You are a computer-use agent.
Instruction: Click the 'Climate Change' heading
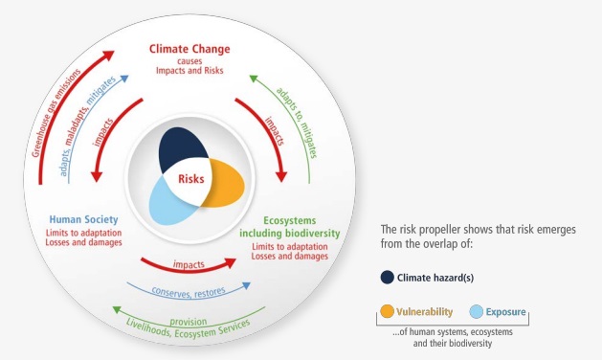point(190,49)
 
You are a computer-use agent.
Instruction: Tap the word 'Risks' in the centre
point(191,179)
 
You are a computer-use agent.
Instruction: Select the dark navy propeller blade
point(180,147)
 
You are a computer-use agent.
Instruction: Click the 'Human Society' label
point(83,219)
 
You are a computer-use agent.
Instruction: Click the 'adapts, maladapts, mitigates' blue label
point(87,125)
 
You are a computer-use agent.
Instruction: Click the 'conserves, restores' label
point(189,292)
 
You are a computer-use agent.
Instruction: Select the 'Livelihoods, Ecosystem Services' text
point(189,329)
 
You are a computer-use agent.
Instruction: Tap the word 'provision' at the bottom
point(189,321)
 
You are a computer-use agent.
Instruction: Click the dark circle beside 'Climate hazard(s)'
point(388,278)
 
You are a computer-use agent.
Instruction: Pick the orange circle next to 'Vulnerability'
point(387,311)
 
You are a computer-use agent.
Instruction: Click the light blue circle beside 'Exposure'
point(477,311)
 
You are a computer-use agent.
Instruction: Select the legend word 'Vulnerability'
point(424,311)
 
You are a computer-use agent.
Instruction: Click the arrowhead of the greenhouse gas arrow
point(108,55)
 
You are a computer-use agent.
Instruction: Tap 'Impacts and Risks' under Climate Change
point(190,71)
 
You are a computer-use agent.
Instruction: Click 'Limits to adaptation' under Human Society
point(83,233)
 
